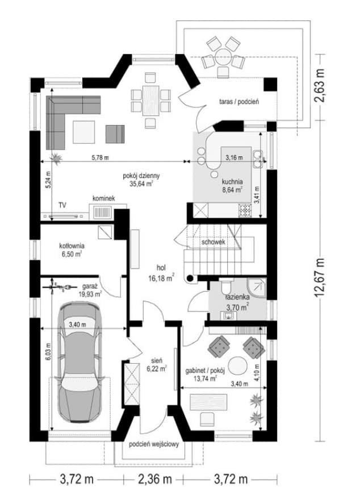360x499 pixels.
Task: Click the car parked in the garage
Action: click(79, 363)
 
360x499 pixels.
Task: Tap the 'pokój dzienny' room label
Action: click(141, 176)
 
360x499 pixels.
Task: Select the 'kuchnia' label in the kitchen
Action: click(232, 182)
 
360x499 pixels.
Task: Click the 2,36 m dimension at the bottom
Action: click(155, 479)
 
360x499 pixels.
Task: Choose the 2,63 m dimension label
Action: click(319, 85)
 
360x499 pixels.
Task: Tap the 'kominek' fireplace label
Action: click(104, 198)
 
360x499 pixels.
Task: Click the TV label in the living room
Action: click(62, 205)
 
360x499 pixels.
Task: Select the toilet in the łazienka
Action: click(227, 286)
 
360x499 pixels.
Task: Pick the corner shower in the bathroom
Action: click(257, 289)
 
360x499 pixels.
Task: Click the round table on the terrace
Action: click(223, 57)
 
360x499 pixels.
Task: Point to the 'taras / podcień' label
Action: click(239, 102)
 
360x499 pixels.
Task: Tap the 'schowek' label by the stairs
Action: click(214, 242)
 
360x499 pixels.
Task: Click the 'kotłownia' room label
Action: click(72, 246)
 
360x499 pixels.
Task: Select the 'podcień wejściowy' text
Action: click(154, 444)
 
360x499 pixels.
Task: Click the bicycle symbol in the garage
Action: click(59, 288)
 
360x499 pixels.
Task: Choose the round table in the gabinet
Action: click(238, 365)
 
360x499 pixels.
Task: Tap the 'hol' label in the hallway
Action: click(161, 268)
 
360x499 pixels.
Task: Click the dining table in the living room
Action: click(150, 100)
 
